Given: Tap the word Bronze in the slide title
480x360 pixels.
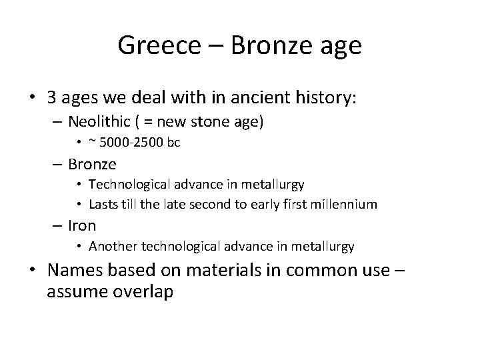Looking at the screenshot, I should coord(263,46).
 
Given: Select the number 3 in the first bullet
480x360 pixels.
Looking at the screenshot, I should coord(52,99).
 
